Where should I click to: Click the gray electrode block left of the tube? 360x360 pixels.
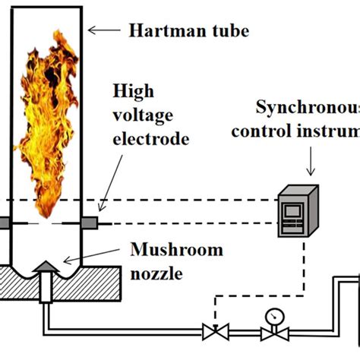coord(4,223)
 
